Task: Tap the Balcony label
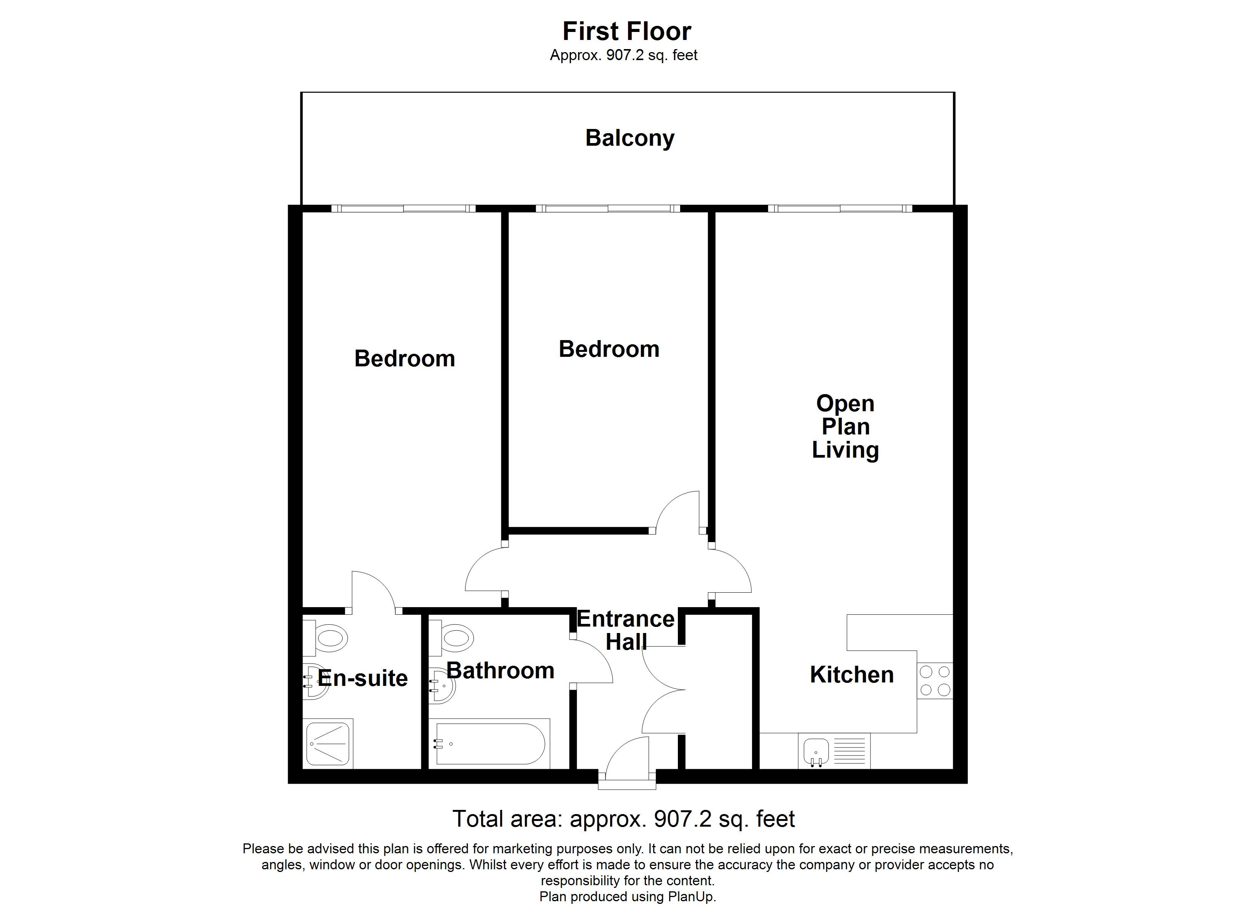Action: pyautogui.click(x=630, y=138)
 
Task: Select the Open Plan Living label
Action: pyautogui.click(x=845, y=426)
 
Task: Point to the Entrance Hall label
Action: pyautogui.click(x=626, y=630)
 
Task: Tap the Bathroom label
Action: pyautogui.click(x=500, y=671)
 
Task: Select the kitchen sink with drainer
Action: pyautogui.click(x=834, y=751)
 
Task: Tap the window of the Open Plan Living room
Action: pyautogui.click(x=840, y=209)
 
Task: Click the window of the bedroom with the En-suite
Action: pyautogui.click(x=403, y=209)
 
